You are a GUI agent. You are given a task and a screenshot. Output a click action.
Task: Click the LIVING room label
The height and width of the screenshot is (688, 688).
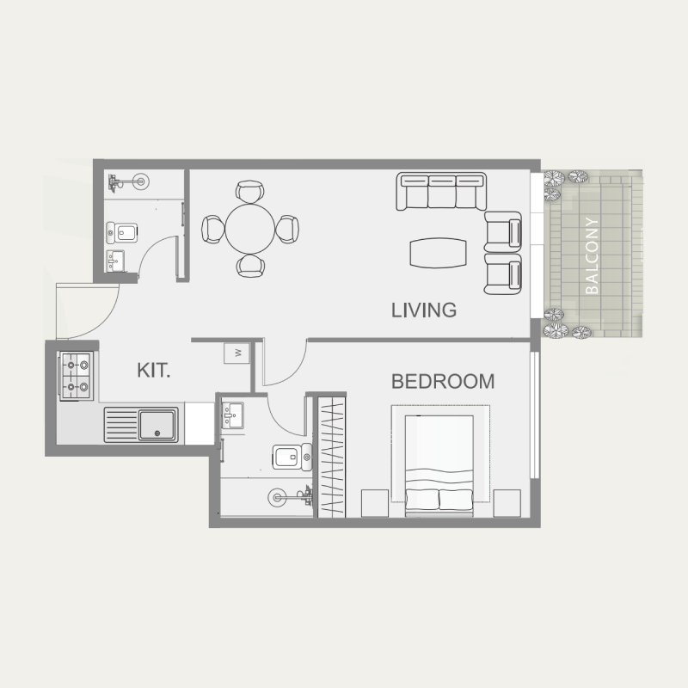[x=423, y=310]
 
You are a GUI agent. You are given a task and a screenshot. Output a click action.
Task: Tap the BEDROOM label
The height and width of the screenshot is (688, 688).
[x=443, y=381]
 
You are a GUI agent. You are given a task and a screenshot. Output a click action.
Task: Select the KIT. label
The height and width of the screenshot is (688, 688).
[x=154, y=371]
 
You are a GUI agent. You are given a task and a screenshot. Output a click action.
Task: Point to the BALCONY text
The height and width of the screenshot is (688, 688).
[x=592, y=255]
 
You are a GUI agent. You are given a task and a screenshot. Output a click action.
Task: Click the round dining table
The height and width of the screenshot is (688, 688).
[x=250, y=228]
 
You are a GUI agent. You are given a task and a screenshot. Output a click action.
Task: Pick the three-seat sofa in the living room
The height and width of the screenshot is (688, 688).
[x=441, y=192]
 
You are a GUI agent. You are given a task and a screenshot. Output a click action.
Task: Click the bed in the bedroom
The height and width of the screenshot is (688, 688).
[x=439, y=464]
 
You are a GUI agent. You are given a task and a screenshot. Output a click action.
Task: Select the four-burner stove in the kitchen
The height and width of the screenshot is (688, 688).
[x=75, y=377]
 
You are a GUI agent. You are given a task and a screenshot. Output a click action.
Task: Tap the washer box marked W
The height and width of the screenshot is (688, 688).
[x=236, y=353]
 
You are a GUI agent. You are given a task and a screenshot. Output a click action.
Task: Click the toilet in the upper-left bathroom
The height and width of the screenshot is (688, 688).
[x=123, y=231]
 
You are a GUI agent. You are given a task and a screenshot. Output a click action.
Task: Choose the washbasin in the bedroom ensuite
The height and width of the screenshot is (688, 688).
[x=233, y=417]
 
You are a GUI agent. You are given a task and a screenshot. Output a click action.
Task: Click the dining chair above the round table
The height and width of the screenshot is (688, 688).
[x=250, y=191]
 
